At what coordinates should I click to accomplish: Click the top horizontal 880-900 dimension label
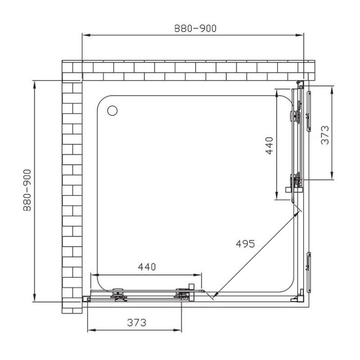pyautogui.click(x=195, y=28)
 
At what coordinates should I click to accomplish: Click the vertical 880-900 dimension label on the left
pyautogui.click(x=27, y=190)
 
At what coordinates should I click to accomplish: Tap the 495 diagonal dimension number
pyautogui.click(x=245, y=244)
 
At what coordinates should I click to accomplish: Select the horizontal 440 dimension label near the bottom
pyautogui.click(x=147, y=267)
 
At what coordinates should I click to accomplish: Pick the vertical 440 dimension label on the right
pyautogui.click(x=269, y=146)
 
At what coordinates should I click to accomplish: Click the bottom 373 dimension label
pyautogui.click(x=137, y=323)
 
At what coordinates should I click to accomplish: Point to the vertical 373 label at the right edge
pyautogui.click(x=325, y=135)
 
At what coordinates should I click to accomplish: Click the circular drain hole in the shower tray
pyautogui.click(x=112, y=110)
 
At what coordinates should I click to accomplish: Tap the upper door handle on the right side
pyautogui.click(x=309, y=111)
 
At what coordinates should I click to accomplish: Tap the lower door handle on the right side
pyautogui.click(x=309, y=273)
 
